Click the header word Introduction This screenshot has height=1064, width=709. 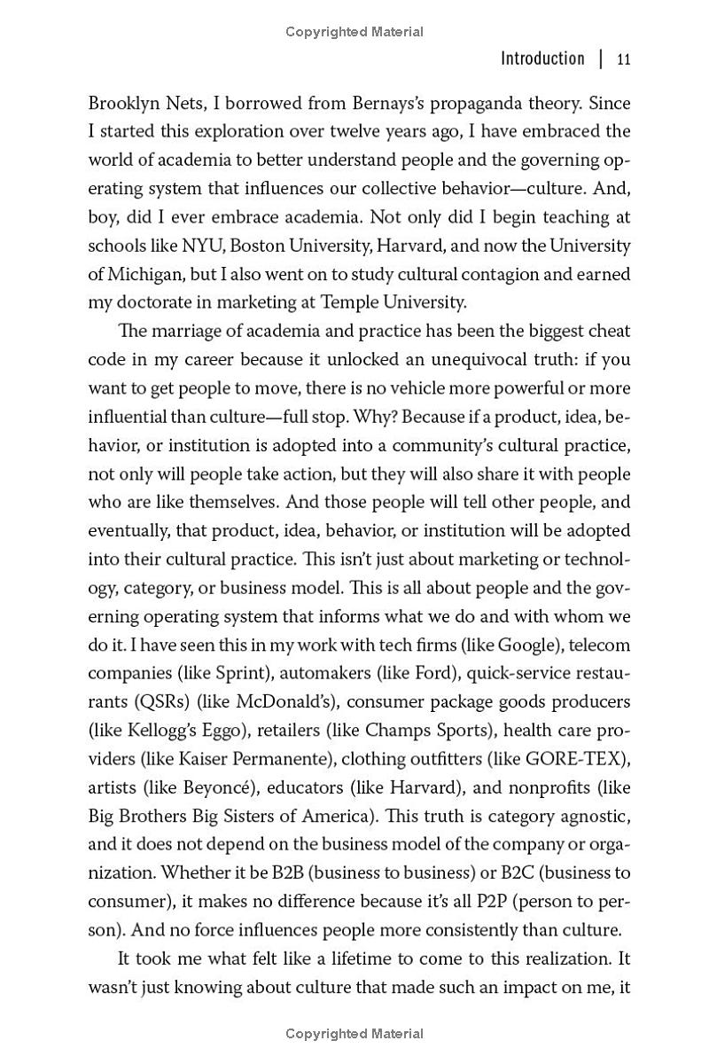point(542,59)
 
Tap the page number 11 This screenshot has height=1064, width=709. point(623,59)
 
